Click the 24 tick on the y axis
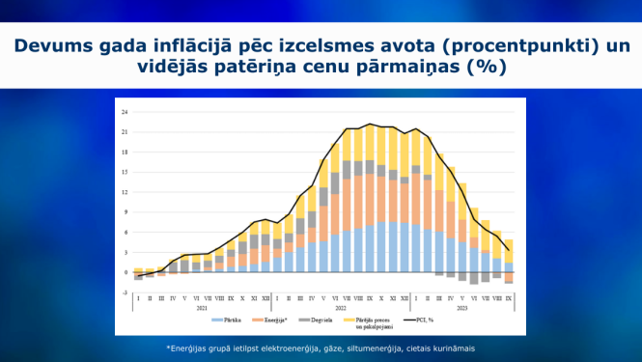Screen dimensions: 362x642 pos(125,112)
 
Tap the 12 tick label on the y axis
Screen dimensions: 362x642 pos(125,192)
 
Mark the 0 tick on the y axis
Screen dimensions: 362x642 pos(126,272)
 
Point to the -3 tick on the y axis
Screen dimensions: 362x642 pos(125,292)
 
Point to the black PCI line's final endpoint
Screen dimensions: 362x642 pos(509,250)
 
